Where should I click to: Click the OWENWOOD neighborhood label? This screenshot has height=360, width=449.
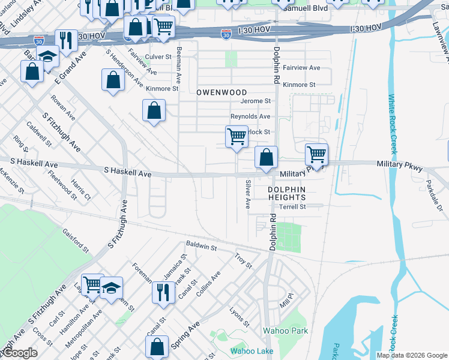coord(222,92)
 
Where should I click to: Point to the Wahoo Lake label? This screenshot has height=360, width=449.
coord(252,351)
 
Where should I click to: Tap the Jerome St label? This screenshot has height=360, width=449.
coord(259,101)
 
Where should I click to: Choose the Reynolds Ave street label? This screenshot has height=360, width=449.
coord(250,116)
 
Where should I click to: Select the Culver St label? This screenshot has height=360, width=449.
coord(158,56)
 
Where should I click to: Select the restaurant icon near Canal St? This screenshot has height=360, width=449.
coord(162,292)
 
